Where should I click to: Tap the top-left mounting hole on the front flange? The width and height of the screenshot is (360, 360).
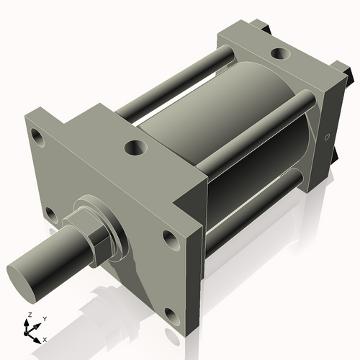click(38, 135)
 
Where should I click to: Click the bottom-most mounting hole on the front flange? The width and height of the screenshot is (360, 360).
click(170, 315)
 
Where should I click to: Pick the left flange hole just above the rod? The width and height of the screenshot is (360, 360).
click(50, 214)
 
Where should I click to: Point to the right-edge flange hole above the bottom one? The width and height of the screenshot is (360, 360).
click(170, 239)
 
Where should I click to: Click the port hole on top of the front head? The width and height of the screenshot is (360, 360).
click(135, 149)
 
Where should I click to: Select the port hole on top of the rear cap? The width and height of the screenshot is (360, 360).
click(278, 53)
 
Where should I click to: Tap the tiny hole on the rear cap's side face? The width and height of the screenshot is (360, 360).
click(326, 137)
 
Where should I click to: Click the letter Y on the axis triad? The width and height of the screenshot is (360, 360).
click(44, 318)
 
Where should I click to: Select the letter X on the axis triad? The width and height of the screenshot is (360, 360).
click(45, 338)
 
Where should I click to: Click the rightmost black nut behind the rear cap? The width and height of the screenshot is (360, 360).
click(351, 74)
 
